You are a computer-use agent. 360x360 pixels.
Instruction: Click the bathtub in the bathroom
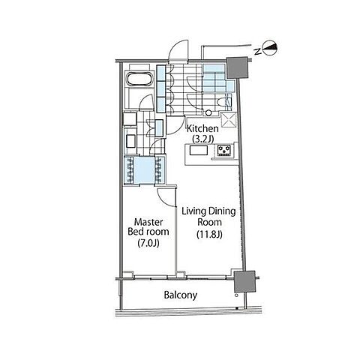tap(139, 79)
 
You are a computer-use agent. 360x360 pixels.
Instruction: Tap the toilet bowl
tap(223, 102)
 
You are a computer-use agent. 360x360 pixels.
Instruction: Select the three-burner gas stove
tap(224, 151)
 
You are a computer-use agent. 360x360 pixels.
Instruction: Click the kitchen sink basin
tap(199, 151)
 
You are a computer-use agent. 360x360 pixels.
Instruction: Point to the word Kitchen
tap(202, 129)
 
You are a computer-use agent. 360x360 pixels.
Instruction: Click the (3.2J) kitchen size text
tap(202, 139)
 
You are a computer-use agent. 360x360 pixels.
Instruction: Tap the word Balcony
tap(181, 295)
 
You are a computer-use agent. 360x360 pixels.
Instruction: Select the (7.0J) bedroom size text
tap(148, 243)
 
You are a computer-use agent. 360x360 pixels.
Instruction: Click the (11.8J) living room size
tap(209, 234)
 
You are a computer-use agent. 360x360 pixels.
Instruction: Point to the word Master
tap(148, 222)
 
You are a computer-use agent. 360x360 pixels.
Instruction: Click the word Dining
tap(222, 211)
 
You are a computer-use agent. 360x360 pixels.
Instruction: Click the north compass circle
tap(270, 47)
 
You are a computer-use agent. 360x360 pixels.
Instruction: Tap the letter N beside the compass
tap(257, 52)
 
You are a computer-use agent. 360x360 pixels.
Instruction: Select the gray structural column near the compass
tap(237, 67)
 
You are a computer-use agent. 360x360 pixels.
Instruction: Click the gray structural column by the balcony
tap(244, 281)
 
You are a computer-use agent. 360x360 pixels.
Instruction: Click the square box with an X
tap(229, 120)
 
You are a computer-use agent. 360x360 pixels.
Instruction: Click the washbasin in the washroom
tap(130, 141)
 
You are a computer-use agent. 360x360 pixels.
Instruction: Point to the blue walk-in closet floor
tap(145, 170)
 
